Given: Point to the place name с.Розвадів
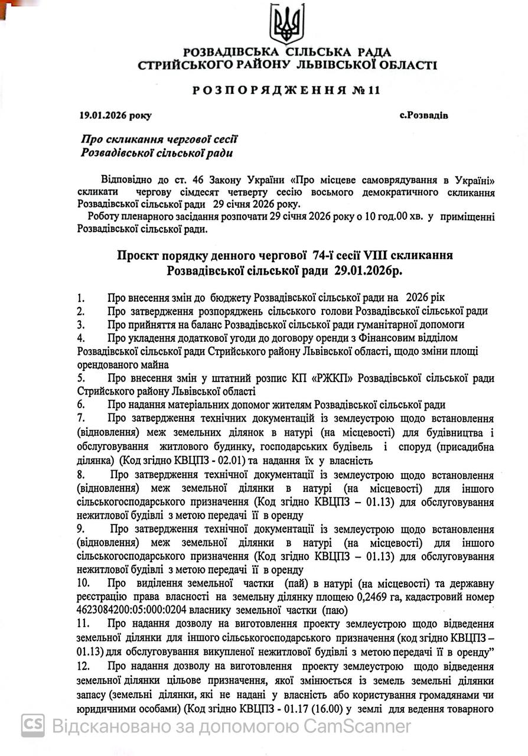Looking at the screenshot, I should click(x=423, y=115).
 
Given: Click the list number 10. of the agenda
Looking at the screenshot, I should click(x=83, y=584).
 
